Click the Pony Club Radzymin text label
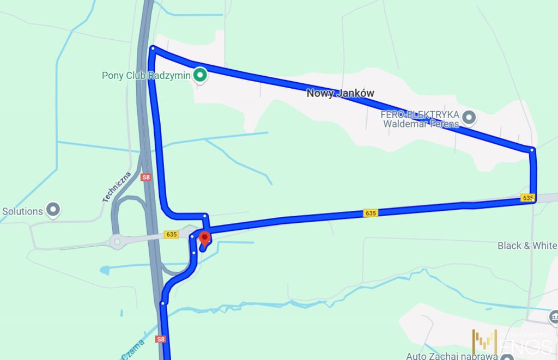(x=145, y=76)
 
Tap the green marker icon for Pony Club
(x=200, y=75)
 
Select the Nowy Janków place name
(x=340, y=93)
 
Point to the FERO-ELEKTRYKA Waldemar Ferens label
(x=420, y=119)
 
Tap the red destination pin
(x=205, y=239)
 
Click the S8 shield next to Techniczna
(x=145, y=177)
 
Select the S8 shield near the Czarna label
(x=160, y=339)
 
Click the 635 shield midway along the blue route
(x=371, y=213)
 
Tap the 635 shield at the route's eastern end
(x=527, y=198)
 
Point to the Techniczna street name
(x=117, y=187)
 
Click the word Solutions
(x=22, y=211)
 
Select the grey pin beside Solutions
(x=53, y=210)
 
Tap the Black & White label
(x=527, y=246)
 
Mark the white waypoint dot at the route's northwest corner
(x=153, y=48)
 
